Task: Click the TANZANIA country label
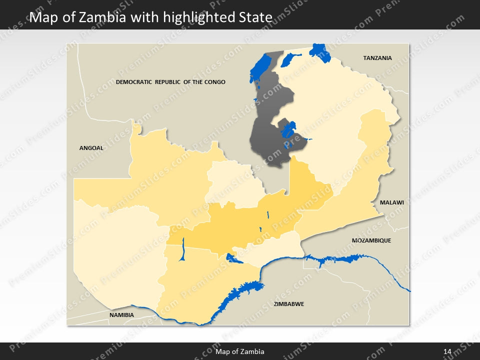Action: [x=377, y=58]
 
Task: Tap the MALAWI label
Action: [x=391, y=202]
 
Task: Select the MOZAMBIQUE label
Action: [x=371, y=240]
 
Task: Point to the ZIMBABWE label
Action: [x=288, y=303]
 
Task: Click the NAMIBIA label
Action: [x=121, y=315]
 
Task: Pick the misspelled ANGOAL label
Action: [x=91, y=147]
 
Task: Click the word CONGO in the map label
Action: [x=214, y=81]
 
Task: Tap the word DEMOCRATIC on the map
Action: [x=133, y=81]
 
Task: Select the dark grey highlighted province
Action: [x=267, y=140]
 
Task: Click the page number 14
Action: [x=447, y=352]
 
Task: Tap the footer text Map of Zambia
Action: [x=239, y=352]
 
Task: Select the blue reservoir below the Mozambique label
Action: [x=340, y=259]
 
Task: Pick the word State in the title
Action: [x=258, y=18]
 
